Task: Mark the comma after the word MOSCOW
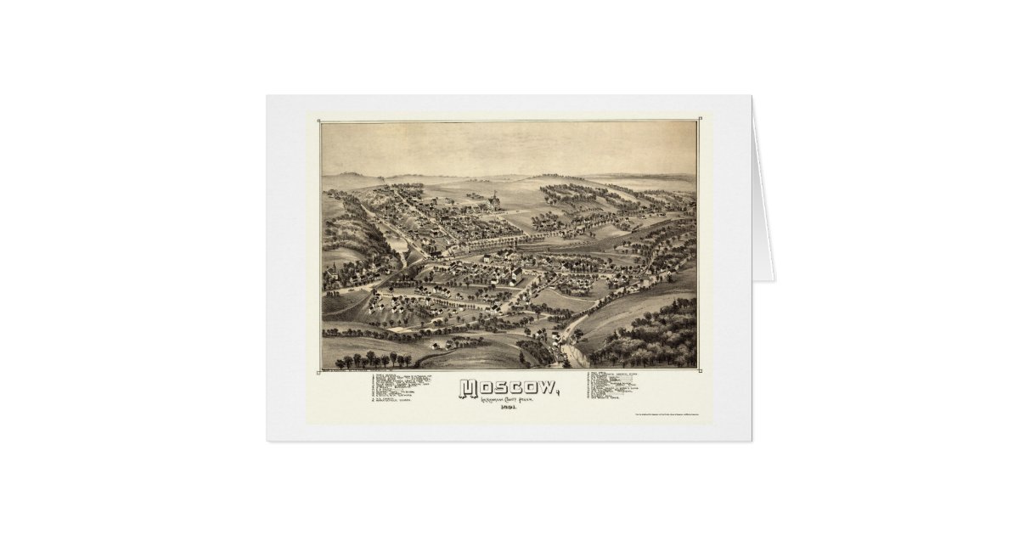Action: (558, 395)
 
